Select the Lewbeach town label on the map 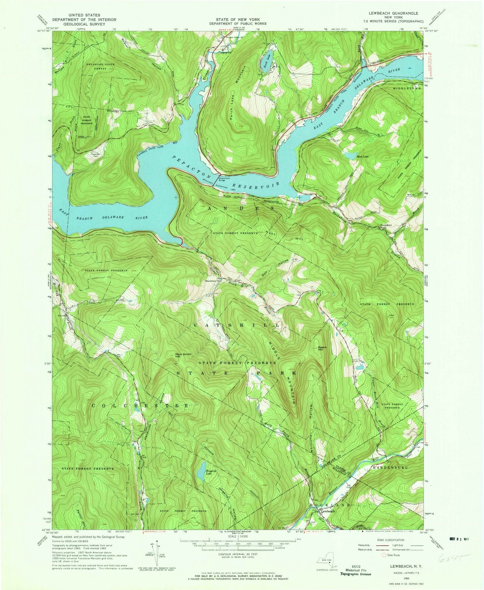[x=327, y=511]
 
